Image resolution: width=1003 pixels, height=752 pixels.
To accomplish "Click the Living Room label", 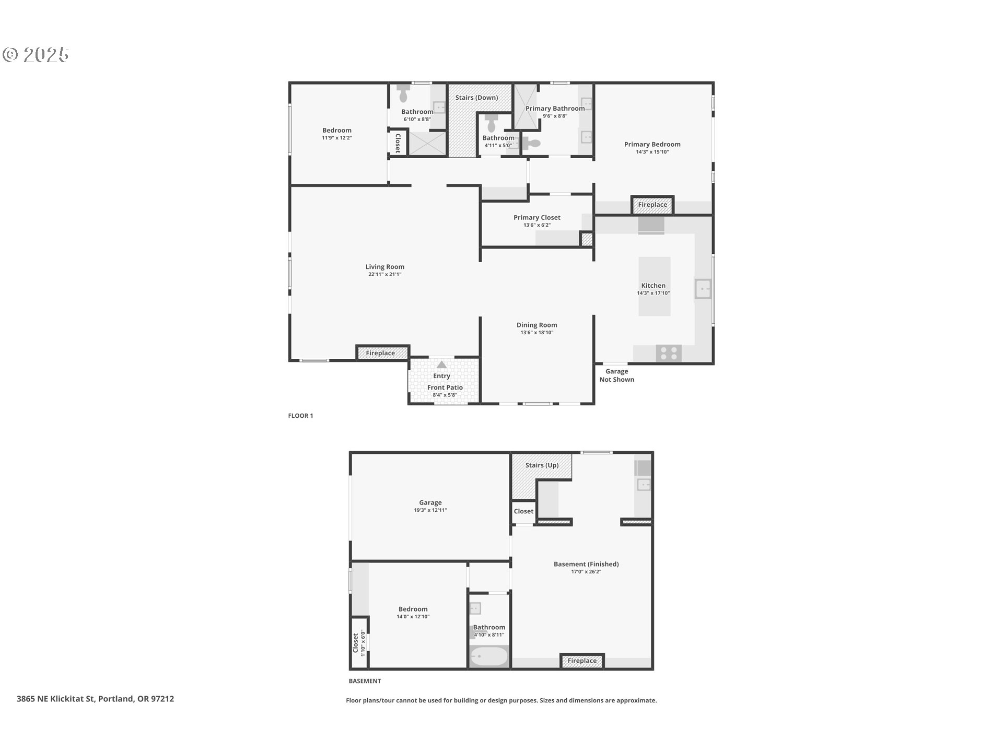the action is (x=385, y=267).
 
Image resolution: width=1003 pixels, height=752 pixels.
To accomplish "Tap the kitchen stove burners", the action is (x=669, y=354).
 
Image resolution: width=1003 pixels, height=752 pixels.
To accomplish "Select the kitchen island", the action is (x=655, y=286).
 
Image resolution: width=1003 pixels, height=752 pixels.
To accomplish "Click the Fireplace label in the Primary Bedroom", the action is (x=652, y=205).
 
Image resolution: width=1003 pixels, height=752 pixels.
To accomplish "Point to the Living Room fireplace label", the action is (x=380, y=354).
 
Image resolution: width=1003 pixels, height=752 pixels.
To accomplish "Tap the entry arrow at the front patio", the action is (x=442, y=365).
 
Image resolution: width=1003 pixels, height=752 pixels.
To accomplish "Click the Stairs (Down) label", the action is (x=476, y=98).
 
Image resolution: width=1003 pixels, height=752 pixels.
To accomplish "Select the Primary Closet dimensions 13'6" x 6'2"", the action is (x=537, y=225).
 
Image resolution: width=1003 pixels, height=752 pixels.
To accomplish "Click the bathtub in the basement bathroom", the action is (x=489, y=656).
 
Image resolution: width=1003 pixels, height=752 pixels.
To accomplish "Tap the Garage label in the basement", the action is (x=430, y=503).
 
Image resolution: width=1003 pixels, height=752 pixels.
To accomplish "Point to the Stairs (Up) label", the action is (x=542, y=465).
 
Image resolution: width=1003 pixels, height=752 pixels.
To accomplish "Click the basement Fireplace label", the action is (x=582, y=661).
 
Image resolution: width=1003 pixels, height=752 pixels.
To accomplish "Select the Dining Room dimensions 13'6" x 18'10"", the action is (x=537, y=333).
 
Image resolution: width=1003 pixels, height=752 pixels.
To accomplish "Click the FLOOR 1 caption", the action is (x=300, y=416).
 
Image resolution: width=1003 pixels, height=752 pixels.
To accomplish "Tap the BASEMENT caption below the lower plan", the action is (x=365, y=681).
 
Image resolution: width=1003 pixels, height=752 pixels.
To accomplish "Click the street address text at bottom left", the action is (x=95, y=699).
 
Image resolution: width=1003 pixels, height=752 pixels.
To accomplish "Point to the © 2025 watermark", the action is (x=36, y=55).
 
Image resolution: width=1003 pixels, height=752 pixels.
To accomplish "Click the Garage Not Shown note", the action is (x=617, y=375).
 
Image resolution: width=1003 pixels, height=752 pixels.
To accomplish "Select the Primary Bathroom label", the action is (x=555, y=109).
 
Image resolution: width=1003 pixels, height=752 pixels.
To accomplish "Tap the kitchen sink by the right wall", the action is (x=703, y=289).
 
